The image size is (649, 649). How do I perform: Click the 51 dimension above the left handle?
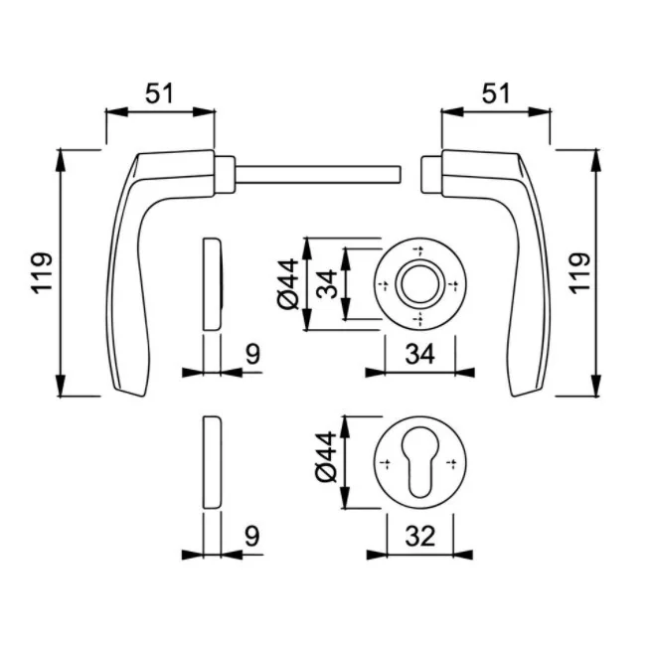click(x=159, y=93)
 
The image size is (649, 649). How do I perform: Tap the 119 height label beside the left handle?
click(x=40, y=272)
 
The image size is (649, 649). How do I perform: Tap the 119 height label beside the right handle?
click(x=580, y=272)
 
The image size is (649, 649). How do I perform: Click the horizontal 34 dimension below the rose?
click(x=418, y=353)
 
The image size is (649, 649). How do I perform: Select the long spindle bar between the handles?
click(x=318, y=176)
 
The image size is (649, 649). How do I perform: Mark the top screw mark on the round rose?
click(x=417, y=247)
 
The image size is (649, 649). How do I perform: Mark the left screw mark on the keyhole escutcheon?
click(x=383, y=462)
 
